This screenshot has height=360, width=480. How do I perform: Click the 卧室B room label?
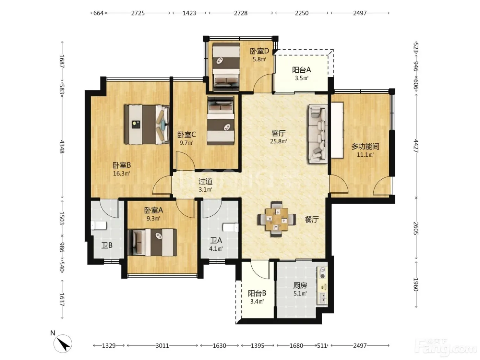122,165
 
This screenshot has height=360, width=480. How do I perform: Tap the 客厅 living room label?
278,133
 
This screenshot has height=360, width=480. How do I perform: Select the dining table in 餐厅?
277,219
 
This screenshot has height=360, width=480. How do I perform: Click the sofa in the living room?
318,134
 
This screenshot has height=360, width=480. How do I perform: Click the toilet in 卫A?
231,227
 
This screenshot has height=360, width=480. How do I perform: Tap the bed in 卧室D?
226,67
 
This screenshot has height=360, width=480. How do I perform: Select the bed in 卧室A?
152,242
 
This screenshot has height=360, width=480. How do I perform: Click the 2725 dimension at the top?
138,13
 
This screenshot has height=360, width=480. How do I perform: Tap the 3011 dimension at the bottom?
162,346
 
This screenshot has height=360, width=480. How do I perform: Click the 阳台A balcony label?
301,70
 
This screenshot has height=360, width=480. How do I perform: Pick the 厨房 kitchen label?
300,286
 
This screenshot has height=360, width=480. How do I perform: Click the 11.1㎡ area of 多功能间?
365,155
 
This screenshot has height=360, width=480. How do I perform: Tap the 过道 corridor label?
205,181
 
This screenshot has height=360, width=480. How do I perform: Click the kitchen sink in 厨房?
323,298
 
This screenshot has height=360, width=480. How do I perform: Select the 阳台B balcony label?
257,293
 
